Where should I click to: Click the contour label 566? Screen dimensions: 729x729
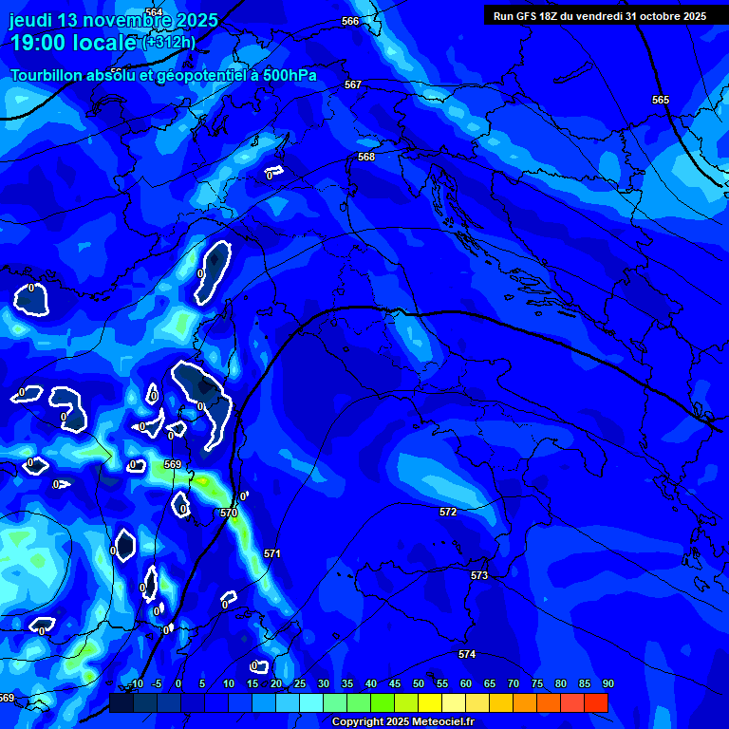(350, 21)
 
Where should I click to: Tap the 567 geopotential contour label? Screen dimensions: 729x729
(353, 84)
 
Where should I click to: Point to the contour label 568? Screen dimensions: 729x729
(366, 157)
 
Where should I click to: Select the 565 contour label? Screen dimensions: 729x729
(661, 100)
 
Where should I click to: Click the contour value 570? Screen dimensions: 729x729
(229, 513)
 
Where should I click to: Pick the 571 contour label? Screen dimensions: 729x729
(272, 553)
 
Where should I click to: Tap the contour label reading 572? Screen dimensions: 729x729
(448, 512)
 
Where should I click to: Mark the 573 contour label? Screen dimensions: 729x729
(479, 575)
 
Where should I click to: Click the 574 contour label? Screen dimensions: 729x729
(467, 654)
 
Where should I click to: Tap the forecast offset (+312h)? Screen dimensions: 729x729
(169, 43)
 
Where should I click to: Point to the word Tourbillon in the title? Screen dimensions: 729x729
(50, 76)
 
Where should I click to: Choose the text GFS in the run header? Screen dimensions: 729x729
(530, 16)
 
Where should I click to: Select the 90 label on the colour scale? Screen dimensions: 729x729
(607, 684)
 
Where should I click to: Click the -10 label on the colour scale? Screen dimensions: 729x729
(135, 684)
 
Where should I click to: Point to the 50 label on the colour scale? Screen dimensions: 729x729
(419, 684)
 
